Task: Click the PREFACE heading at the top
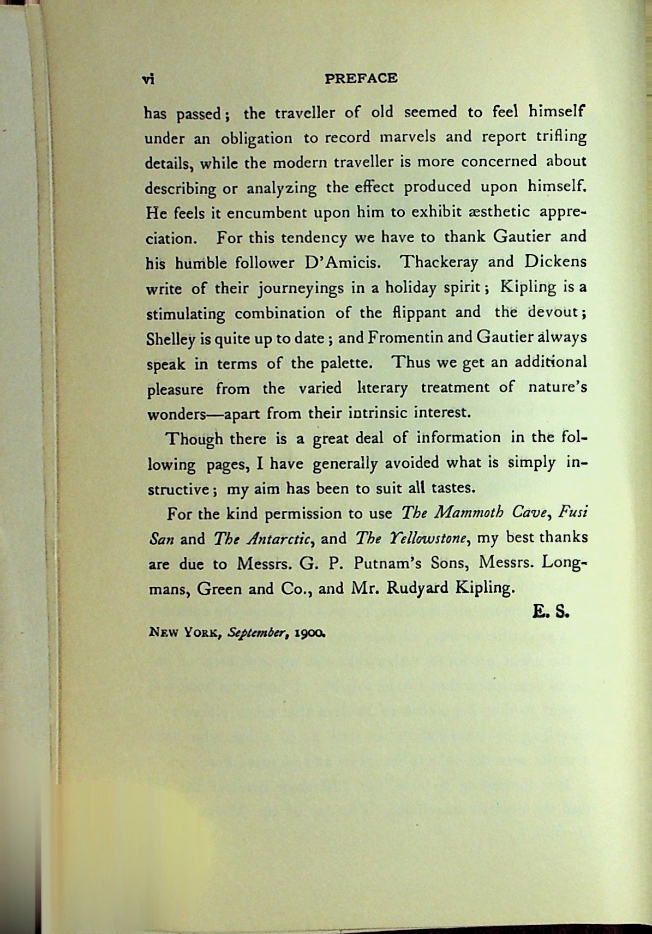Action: pyautogui.click(x=361, y=79)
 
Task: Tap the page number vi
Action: pyautogui.click(x=148, y=80)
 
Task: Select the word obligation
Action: pyautogui.click(x=256, y=138)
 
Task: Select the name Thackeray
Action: pyautogui.click(x=439, y=262)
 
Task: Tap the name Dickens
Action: pyautogui.click(x=555, y=261)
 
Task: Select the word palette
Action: pyautogui.click(x=348, y=363)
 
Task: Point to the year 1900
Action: pyautogui.click(x=310, y=634)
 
